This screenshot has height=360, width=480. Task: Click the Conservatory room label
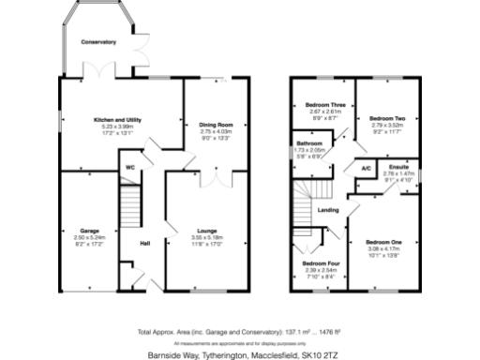point(98,42)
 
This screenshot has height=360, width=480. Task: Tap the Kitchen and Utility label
point(117,120)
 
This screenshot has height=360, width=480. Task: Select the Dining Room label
point(216,125)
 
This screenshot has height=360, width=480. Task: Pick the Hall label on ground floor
point(145,245)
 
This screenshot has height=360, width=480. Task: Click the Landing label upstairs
point(329,210)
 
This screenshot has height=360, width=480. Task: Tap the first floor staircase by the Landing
point(303,211)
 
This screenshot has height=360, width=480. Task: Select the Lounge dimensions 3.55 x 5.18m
point(207,238)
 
